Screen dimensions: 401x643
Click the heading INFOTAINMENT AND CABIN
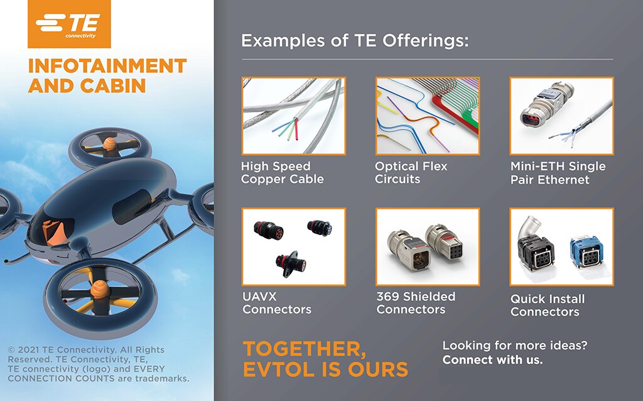107,75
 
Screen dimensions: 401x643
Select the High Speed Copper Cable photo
293,116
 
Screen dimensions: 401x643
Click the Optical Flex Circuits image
427,116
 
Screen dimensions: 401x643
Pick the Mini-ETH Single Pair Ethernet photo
561,116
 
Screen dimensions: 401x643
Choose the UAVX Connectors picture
293,246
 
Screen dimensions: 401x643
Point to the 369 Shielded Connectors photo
427,246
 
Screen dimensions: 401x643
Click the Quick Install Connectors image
561,246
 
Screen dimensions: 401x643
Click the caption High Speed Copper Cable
283,173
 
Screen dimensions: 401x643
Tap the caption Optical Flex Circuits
411,173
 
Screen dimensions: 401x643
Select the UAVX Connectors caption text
276,303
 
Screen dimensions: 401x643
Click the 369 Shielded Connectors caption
416,303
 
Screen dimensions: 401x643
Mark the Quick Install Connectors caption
547,305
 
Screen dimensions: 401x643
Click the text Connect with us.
492,361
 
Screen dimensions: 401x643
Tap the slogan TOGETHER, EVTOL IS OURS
325,359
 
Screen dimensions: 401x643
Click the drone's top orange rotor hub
111,143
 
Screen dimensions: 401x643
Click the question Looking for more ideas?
519,346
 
